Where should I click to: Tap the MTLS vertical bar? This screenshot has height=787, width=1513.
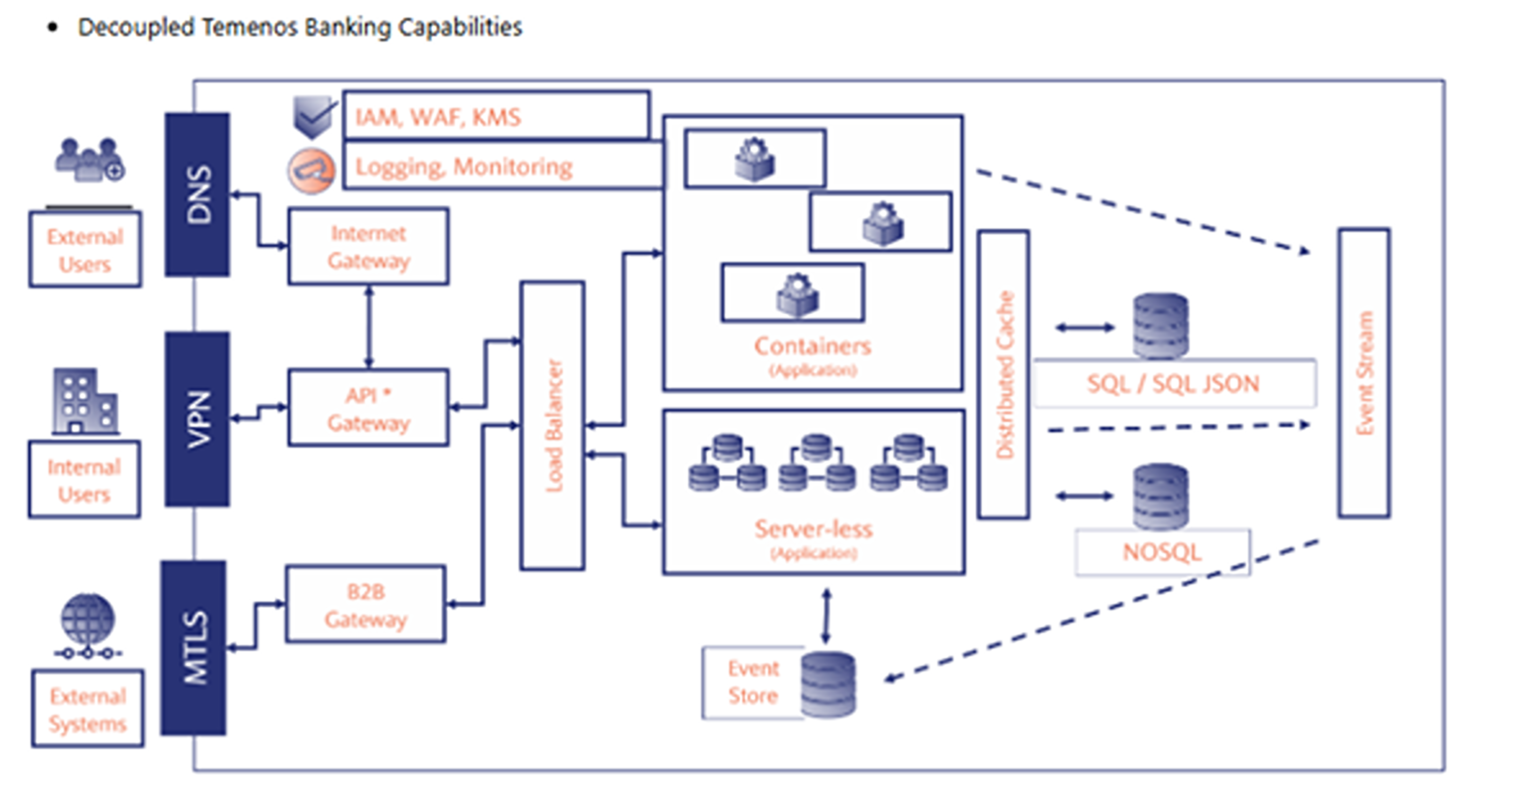tap(194, 648)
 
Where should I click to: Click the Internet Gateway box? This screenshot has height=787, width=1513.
tap(368, 247)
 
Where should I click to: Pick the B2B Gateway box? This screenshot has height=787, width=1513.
tap(365, 604)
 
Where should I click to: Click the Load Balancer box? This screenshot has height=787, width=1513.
tap(552, 426)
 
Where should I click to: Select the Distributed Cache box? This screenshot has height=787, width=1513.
tap(1003, 375)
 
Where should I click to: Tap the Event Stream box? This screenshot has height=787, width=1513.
tap(1364, 373)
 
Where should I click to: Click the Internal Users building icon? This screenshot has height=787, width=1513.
tap(84, 402)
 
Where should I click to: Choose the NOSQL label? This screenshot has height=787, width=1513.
tap(1162, 553)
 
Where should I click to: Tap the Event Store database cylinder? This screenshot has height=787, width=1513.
tap(828, 685)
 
